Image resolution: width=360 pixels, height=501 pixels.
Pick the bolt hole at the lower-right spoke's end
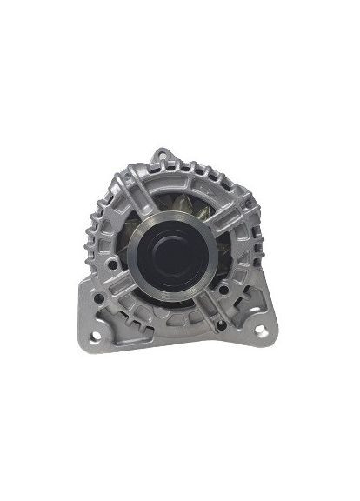[221, 324]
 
